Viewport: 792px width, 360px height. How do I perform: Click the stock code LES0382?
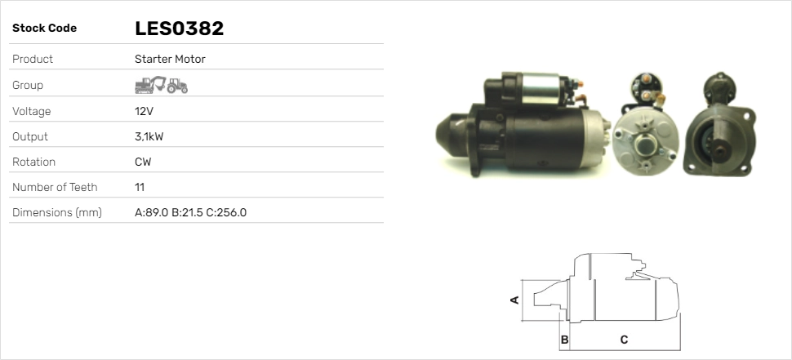click(179, 29)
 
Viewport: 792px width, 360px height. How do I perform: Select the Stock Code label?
click(44, 29)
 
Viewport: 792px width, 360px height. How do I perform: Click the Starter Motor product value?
click(170, 59)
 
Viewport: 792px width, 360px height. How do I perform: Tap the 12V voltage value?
click(145, 111)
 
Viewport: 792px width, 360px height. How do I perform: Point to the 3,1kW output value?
click(149, 136)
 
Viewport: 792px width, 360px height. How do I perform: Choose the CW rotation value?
click(143, 162)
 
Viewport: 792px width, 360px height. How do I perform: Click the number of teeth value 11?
click(140, 187)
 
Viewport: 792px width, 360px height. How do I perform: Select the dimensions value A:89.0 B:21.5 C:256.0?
click(190, 212)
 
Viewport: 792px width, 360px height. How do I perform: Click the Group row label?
click(28, 85)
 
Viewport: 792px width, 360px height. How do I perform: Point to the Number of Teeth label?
click(55, 187)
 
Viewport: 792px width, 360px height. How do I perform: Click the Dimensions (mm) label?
click(56, 212)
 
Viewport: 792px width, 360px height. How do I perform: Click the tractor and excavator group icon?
click(161, 85)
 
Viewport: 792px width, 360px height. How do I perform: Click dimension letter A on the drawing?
click(514, 300)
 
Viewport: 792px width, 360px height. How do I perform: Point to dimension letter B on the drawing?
click(564, 339)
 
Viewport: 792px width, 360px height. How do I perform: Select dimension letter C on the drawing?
click(624, 339)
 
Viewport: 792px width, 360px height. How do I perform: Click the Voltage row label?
click(32, 111)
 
